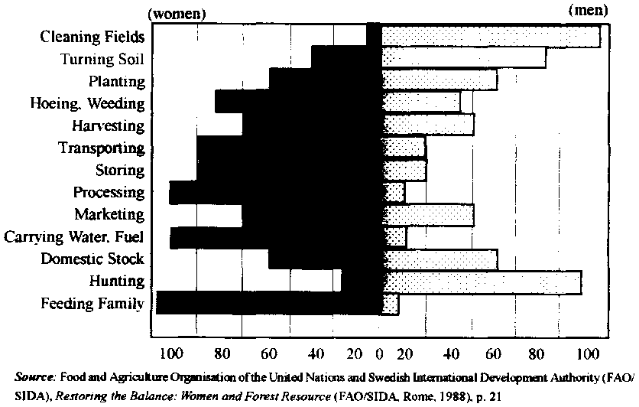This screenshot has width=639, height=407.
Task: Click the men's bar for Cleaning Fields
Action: point(491,36)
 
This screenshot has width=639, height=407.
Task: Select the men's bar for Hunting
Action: point(482,282)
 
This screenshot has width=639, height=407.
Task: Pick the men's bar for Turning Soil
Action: point(464,58)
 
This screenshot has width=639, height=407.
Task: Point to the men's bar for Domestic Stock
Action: point(440,259)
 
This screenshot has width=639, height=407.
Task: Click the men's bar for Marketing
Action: point(428,215)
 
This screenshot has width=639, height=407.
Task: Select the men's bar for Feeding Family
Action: point(391,304)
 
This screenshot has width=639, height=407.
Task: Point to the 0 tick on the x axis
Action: point(380,353)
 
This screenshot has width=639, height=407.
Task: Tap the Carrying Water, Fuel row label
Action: point(74,237)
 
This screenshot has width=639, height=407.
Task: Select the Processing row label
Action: point(109,192)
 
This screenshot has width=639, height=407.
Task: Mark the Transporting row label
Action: point(101,148)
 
